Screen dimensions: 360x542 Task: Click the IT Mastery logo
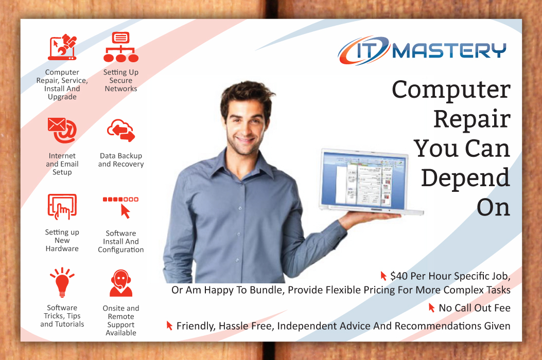422,51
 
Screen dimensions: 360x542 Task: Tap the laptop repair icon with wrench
62,48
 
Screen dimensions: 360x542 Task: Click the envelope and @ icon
62,129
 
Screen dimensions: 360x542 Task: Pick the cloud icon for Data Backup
121,131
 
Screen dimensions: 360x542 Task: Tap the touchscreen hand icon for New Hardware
62,207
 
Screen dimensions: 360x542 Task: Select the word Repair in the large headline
471,119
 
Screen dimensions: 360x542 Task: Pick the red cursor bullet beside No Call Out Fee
432,308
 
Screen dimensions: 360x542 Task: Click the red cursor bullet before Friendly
169,325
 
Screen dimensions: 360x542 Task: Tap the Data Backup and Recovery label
121,160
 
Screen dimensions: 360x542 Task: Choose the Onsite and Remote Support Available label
121,320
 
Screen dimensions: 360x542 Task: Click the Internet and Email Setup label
62,164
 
